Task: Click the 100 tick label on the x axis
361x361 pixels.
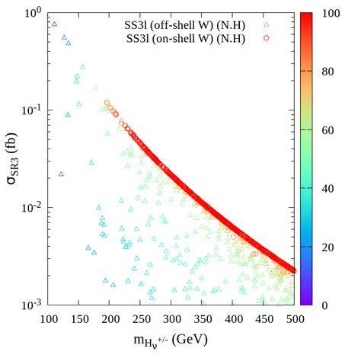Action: pyautogui.click(x=49, y=318)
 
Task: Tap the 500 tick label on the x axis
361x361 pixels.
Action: pyautogui.click(x=295, y=318)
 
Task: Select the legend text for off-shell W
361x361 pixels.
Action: pyautogui.click(x=193, y=23)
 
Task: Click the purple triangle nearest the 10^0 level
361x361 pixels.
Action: pyautogui.click(x=54, y=24)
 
